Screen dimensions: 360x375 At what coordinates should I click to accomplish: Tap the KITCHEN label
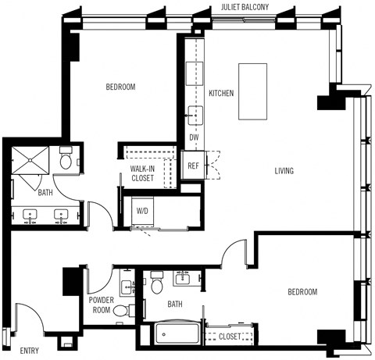click(221, 94)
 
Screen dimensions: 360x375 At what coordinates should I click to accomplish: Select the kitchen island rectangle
click(252, 91)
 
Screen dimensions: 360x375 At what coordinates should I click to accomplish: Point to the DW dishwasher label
click(194, 137)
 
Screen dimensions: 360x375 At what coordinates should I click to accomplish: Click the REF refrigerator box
click(193, 166)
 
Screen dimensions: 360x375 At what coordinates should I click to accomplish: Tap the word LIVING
click(284, 171)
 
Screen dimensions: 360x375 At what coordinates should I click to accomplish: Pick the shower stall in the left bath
click(32, 162)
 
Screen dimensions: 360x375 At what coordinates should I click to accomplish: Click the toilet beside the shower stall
click(67, 160)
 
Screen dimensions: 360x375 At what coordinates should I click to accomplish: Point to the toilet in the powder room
click(122, 311)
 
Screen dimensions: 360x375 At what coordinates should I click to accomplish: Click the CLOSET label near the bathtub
click(230, 337)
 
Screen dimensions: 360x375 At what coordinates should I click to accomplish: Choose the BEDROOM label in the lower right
click(302, 292)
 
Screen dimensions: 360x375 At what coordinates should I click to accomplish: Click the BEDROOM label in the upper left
click(121, 87)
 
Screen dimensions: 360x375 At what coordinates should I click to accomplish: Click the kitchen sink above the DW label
click(195, 117)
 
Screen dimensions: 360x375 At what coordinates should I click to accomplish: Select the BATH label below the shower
click(46, 191)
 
